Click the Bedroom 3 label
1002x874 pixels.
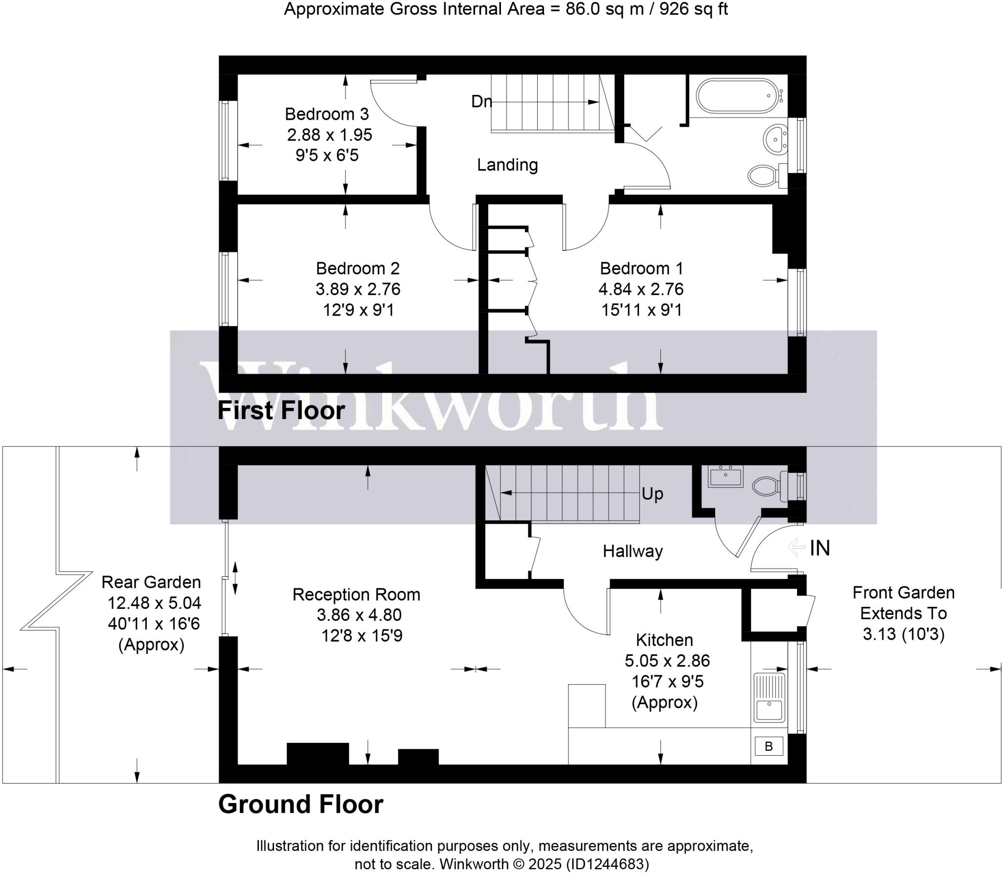click(326, 114)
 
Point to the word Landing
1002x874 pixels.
click(507, 165)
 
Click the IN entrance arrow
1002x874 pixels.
click(797, 547)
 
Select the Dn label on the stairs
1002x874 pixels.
click(481, 101)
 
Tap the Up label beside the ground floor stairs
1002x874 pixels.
click(652, 494)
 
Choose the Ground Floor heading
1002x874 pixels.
click(300, 805)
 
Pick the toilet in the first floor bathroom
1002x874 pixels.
click(763, 175)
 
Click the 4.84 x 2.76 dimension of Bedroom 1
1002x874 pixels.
click(641, 289)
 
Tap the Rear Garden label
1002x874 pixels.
click(151, 582)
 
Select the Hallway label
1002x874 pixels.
click(633, 551)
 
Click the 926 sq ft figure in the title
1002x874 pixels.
click(693, 9)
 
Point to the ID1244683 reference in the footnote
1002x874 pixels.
click(607, 864)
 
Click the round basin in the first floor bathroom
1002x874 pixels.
click(774, 139)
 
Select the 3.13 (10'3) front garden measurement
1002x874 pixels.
click(903, 634)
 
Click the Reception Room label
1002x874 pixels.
click(356, 594)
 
